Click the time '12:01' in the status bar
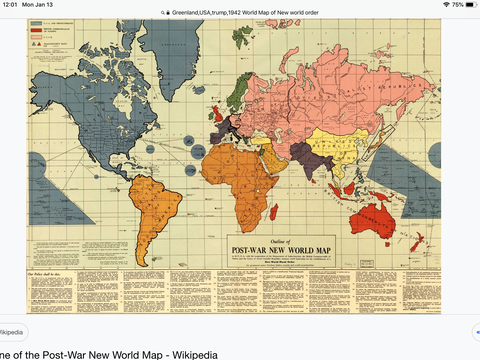pyautogui.click(x=11, y=5)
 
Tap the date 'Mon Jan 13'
pyautogui.click(x=44, y=5)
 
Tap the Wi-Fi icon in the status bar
pyautogui.click(x=434, y=5)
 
